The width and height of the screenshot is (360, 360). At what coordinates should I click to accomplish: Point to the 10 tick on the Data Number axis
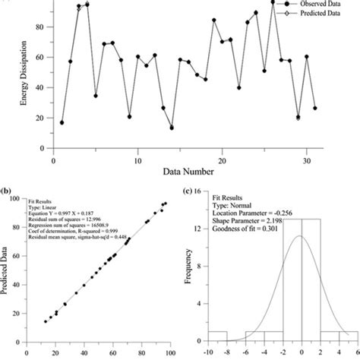(137, 151)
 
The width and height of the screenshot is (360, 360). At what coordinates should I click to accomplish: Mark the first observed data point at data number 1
(62, 122)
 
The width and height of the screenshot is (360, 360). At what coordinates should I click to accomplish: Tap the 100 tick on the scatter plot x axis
(173, 352)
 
